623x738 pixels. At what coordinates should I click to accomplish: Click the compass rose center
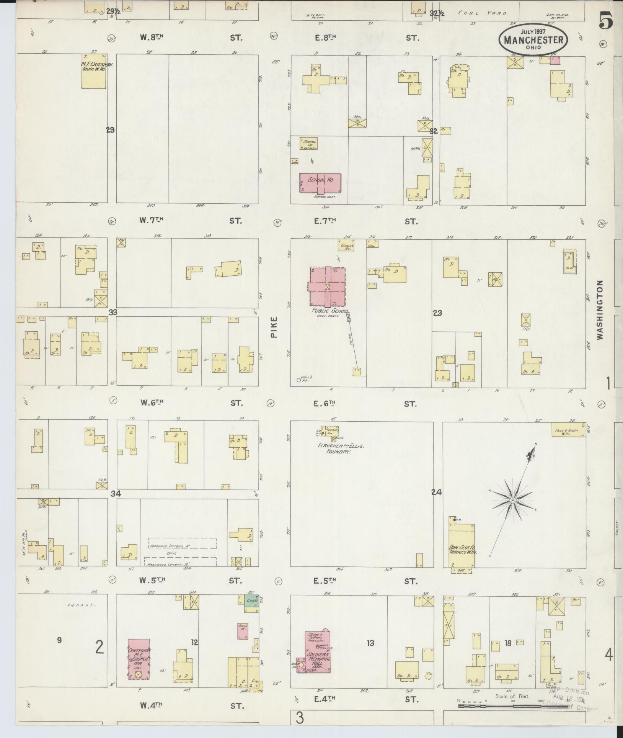pyautogui.click(x=512, y=501)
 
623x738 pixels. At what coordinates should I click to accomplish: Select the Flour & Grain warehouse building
pyautogui.click(x=568, y=430)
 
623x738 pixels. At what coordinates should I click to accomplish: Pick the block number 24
pyautogui.click(x=437, y=492)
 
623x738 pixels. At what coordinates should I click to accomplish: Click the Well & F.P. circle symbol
pyautogui.click(x=298, y=380)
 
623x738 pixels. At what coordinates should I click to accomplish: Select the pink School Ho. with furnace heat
pyautogui.click(x=320, y=183)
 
